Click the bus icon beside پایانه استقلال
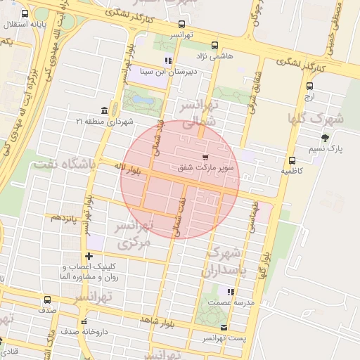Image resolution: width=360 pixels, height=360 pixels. [25, 14]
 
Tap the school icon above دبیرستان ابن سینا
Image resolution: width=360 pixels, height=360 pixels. [167, 60]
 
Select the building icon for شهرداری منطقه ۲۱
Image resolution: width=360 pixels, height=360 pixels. [105, 110]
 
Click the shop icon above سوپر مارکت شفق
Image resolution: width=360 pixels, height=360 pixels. [205, 156]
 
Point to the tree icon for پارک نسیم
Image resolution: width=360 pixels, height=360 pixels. [324, 138]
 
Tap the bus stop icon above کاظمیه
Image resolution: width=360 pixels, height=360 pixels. [292, 160]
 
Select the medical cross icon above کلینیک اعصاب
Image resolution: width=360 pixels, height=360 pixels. [88, 256]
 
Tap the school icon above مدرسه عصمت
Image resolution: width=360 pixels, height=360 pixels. [230, 291]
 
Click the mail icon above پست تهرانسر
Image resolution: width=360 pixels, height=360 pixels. [224, 328]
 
